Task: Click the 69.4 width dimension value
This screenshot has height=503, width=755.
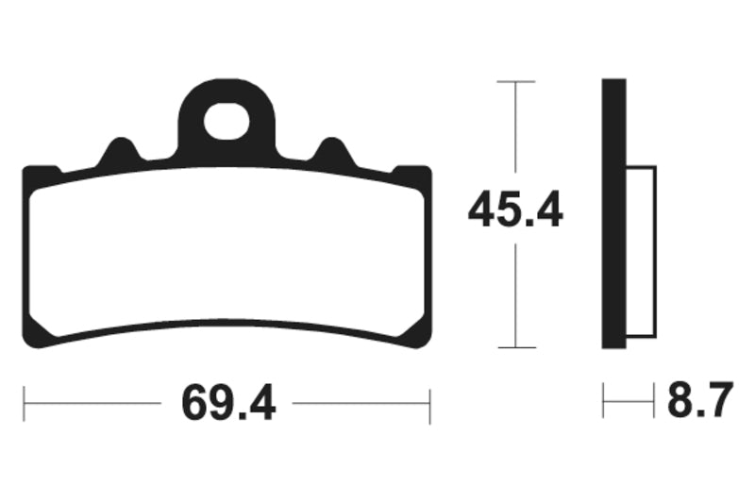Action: coord(228,403)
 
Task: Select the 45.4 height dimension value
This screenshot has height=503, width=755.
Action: coord(515,210)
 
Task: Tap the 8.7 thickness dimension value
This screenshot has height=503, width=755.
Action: coord(700,399)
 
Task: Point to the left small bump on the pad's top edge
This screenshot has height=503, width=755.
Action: coord(119,150)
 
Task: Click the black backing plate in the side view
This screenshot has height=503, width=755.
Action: coord(614,213)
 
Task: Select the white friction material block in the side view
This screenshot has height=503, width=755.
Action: coord(642,252)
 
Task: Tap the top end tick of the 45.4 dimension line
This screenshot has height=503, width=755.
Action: coord(516,82)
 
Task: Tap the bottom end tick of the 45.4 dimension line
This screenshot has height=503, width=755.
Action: coord(516,347)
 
